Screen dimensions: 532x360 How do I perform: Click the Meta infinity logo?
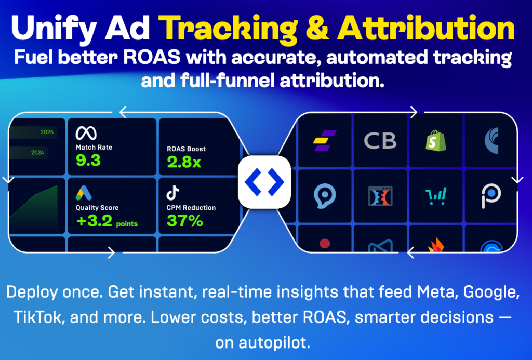point(86,133)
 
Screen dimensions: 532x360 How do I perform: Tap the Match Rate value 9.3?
point(88,160)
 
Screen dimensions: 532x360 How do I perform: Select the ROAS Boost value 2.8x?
point(184,162)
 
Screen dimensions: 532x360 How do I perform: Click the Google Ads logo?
point(84,193)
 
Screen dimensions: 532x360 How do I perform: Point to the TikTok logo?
point(172,193)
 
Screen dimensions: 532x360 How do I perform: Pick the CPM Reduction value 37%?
point(185,221)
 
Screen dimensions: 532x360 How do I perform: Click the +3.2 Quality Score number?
point(95,221)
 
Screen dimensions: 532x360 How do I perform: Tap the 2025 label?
point(47,132)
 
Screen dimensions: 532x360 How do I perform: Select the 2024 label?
point(37,153)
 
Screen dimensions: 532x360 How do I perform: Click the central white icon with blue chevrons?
point(264,182)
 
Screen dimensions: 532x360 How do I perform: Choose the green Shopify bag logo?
point(436,140)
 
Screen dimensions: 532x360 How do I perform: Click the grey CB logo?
point(380,141)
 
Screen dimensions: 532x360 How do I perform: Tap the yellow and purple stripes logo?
point(324,140)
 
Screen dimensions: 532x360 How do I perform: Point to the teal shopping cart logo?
point(436,196)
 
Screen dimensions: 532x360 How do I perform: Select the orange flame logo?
point(436,245)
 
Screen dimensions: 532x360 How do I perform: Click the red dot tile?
point(325,243)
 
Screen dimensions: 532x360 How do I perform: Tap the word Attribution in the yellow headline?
point(426,29)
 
